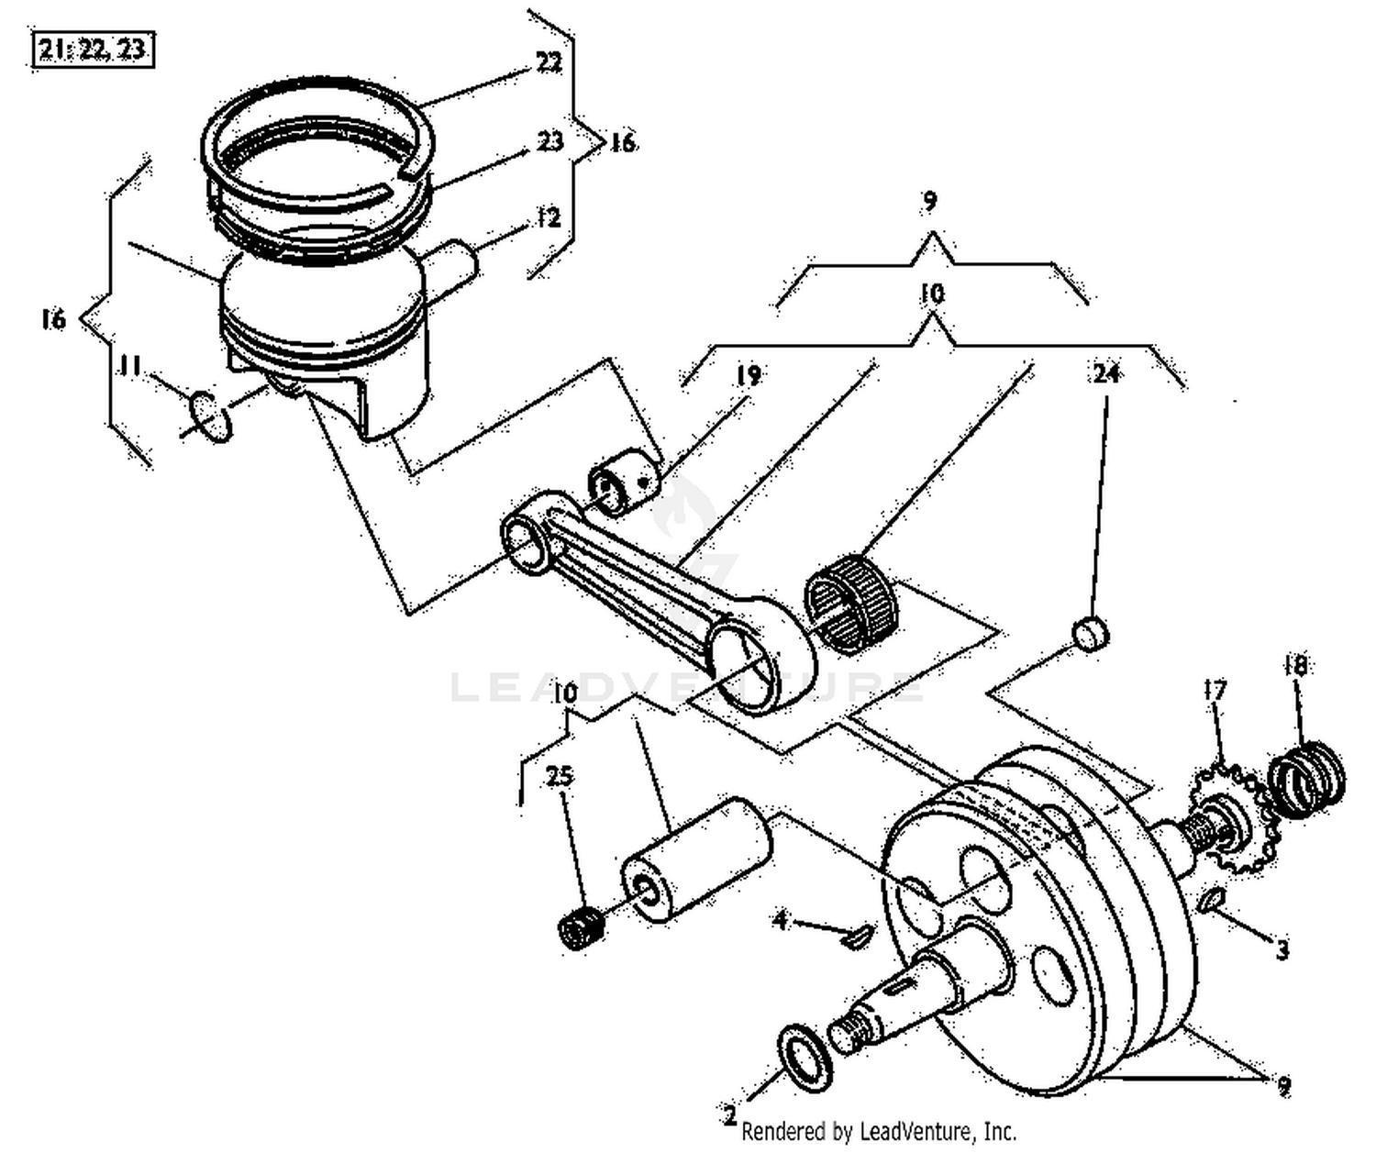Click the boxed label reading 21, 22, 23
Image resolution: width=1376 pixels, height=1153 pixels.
(x=93, y=50)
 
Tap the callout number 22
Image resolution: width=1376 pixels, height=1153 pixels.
(x=548, y=62)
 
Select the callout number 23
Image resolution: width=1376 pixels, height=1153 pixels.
(x=549, y=141)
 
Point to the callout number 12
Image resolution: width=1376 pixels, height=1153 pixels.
(x=548, y=218)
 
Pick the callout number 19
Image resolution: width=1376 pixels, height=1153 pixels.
(x=748, y=375)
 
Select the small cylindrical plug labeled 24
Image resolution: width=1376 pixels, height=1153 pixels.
(x=1091, y=634)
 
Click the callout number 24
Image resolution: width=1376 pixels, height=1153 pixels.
(x=1106, y=373)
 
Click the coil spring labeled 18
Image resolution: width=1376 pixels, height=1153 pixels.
(x=1306, y=782)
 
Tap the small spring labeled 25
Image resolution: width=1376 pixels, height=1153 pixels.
(x=580, y=929)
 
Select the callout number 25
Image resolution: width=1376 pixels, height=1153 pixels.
(x=560, y=775)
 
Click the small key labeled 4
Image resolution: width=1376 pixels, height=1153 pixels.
(x=857, y=936)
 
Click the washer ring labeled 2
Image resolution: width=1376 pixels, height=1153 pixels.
(x=805, y=1059)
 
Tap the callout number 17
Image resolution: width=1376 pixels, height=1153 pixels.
(x=1215, y=690)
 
